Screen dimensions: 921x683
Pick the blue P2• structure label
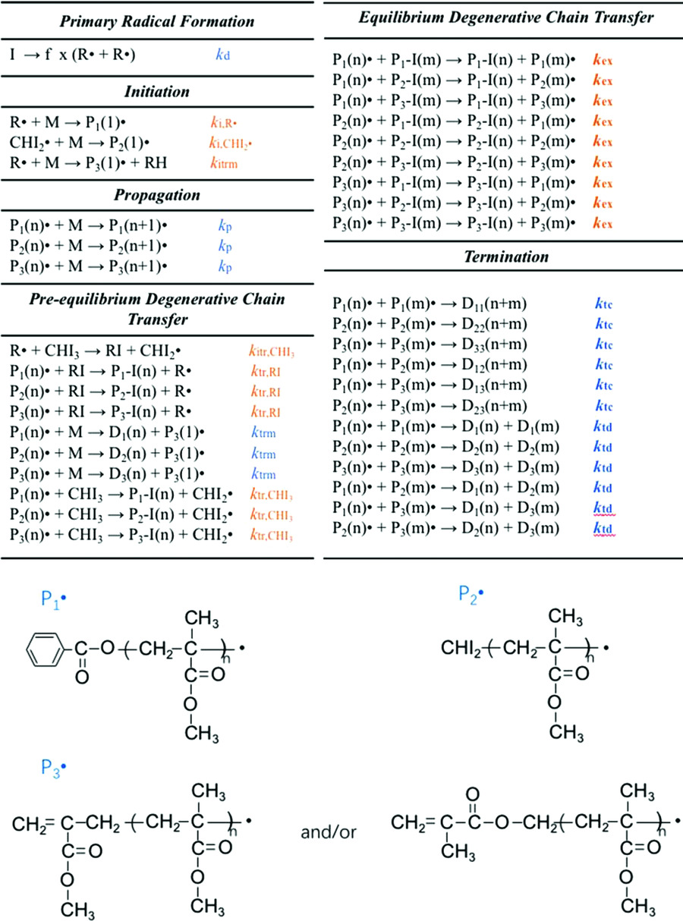[x=471, y=593]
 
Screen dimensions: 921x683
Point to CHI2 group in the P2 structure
[x=458, y=649]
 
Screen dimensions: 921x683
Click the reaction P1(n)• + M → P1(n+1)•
[x=87, y=225]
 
